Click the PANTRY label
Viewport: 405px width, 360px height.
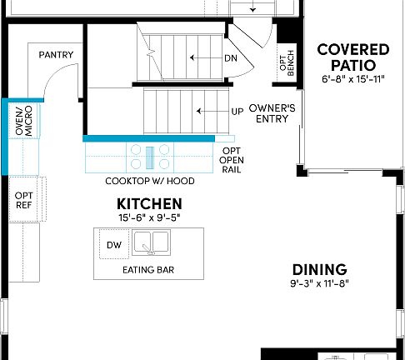pyautogui.click(x=57, y=56)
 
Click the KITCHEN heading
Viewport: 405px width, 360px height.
pyautogui.click(x=149, y=203)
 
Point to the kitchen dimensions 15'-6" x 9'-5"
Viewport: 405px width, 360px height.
pyautogui.click(x=149, y=217)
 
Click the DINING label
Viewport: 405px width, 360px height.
pyautogui.click(x=319, y=269)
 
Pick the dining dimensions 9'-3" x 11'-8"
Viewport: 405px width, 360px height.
pyautogui.click(x=319, y=283)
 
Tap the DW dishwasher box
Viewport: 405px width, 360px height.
pyautogui.click(x=113, y=245)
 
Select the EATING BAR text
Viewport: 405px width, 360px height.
pyautogui.click(x=148, y=271)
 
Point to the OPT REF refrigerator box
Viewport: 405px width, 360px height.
pyautogui.click(x=23, y=201)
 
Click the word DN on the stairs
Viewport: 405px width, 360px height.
pyautogui.click(x=231, y=58)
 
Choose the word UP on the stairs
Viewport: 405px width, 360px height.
pyautogui.click(x=237, y=111)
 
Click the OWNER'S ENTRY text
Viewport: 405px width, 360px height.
pyautogui.click(x=268, y=112)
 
